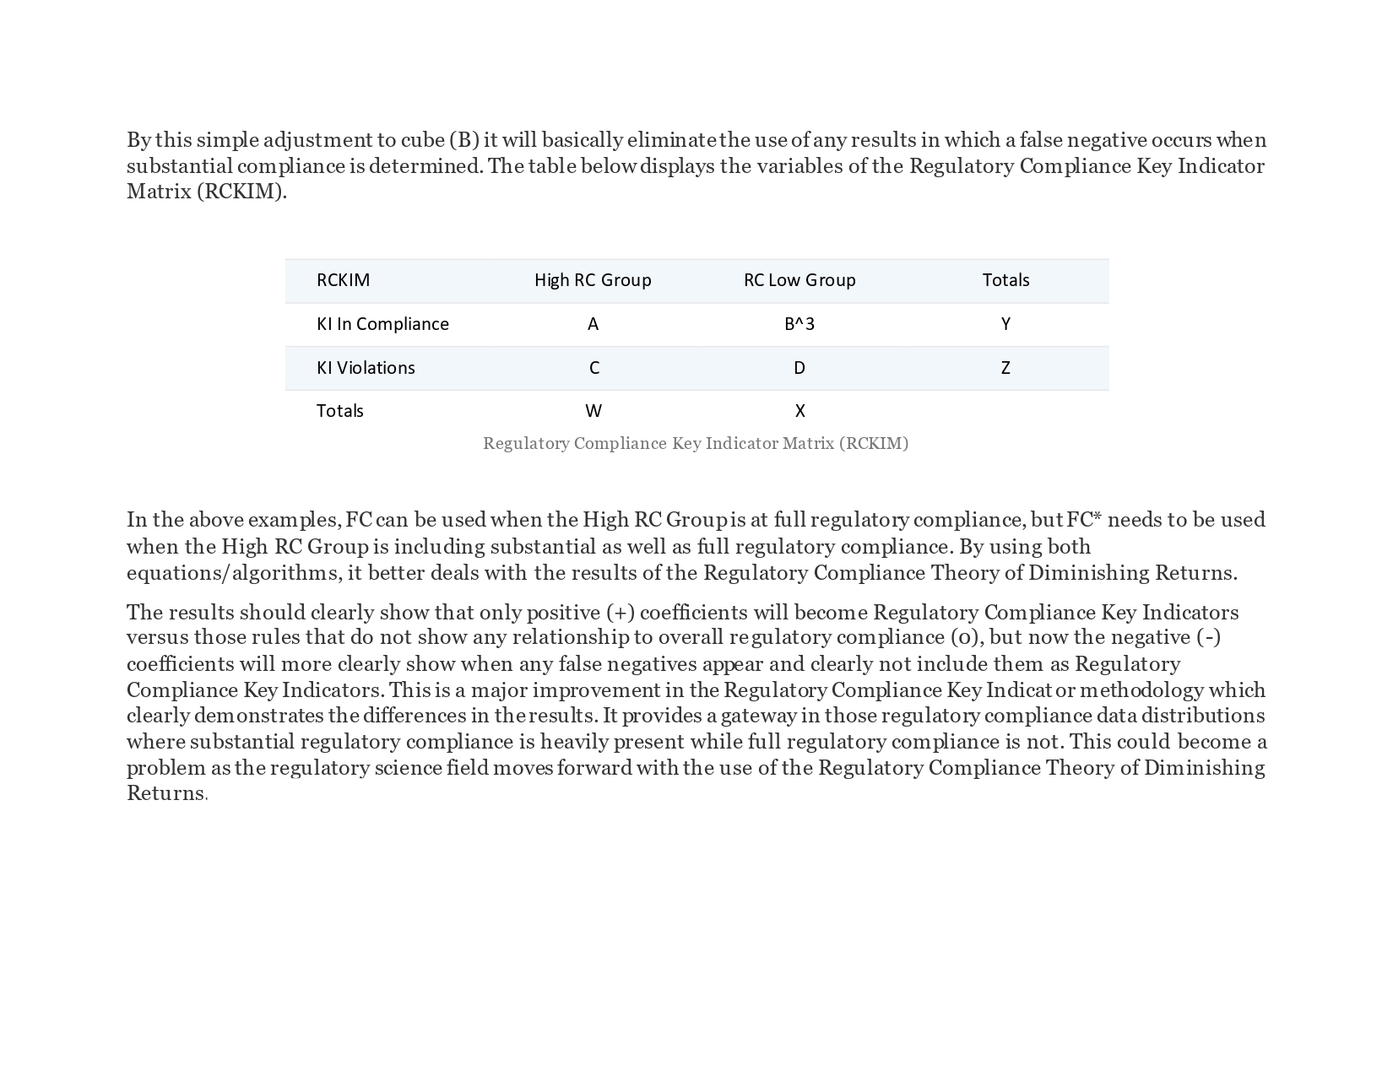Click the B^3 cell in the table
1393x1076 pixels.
pos(799,324)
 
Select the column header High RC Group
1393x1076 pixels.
pos(593,280)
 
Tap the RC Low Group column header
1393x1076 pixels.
pos(799,280)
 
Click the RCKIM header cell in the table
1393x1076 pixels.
pos(343,280)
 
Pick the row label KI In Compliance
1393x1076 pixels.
pos(382,324)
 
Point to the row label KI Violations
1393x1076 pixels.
pos(366,368)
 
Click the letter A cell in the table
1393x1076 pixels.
pos(593,324)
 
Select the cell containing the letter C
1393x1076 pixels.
pos(594,368)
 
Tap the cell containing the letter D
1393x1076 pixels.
pos(799,368)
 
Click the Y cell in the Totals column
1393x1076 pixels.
pos(1005,324)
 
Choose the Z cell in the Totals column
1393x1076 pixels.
pos(1005,368)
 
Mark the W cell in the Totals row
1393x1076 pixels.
pos(594,411)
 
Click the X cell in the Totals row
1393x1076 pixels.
pos(799,411)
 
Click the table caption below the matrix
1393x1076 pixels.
pos(696,443)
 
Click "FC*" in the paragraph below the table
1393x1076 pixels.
pos(1084,520)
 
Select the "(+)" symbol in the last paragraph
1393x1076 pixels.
pos(621,613)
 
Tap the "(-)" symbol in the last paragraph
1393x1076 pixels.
pos(1208,637)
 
